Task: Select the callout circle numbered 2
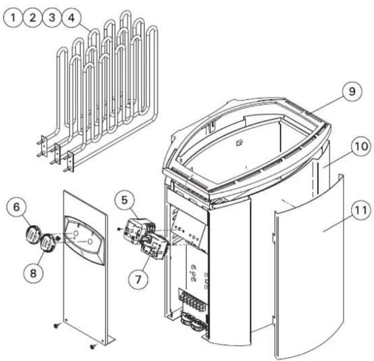[x=33, y=18]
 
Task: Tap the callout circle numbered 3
[x=51, y=18]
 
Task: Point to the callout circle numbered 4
[x=69, y=18]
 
